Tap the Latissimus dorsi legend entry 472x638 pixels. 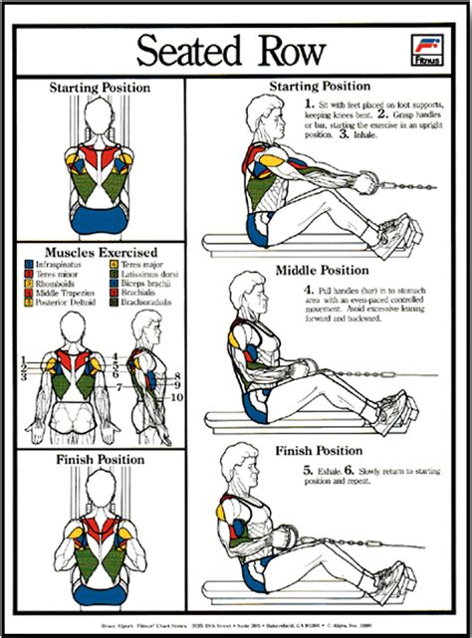[166, 275]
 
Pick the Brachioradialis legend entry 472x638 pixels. [168, 305]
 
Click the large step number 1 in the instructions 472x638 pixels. [310, 103]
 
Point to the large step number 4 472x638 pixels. [310, 291]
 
